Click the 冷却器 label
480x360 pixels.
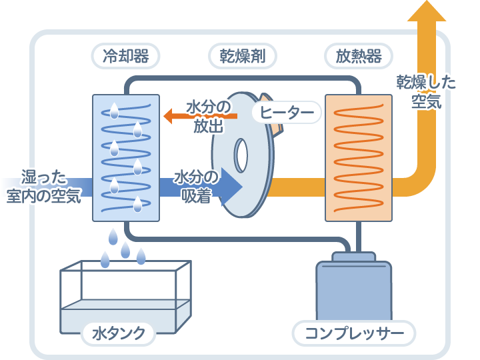click(125, 55)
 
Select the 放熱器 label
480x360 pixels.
click(358, 55)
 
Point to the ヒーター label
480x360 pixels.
click(287, 113)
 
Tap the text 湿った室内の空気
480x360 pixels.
click(44, 187)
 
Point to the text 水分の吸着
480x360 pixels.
click(197, 187)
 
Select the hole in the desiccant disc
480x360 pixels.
click(241, 155)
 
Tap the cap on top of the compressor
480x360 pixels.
click(353, 256)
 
